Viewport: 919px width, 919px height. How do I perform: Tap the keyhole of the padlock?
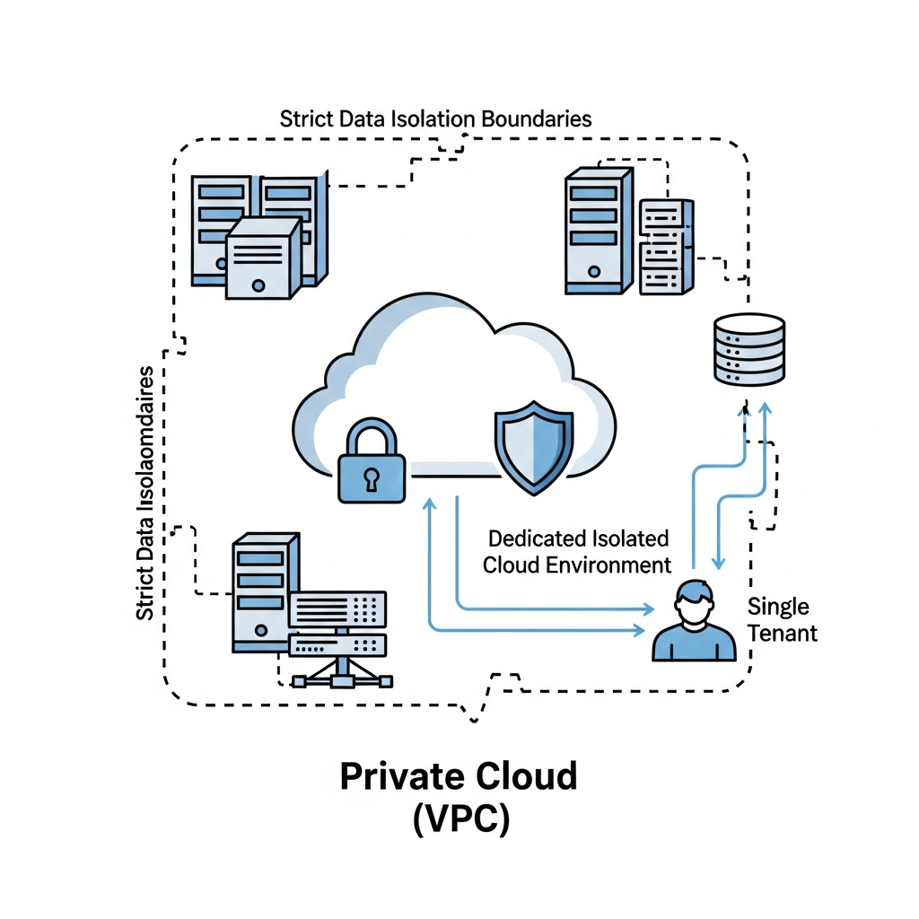pyautogui.click(x=371, y=480)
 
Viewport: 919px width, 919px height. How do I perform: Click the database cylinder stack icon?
pyautogui.click(x=748, y=350)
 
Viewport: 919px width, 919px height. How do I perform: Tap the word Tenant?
pyautogui.click(x=782, y=633)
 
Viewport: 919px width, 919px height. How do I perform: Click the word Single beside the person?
pyautogui.click(x=778, y=607)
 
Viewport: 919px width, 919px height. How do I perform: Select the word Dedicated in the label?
pyautogui.click(x=536, y=538)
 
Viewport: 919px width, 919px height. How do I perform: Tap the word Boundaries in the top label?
pyautogui.click(x=537, y=118)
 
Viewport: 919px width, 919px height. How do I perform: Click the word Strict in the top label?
pyautogui.click(x=303, y=118)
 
